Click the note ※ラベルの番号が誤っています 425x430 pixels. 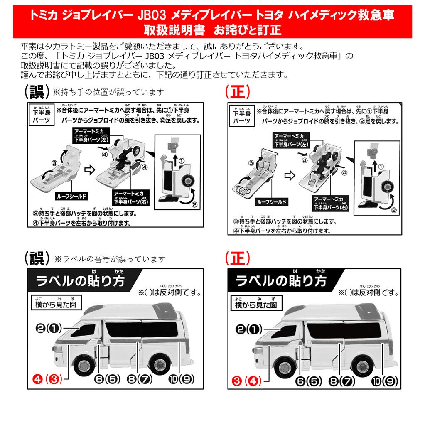110,259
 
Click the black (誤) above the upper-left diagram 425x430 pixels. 37,91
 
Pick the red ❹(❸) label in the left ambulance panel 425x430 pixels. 47,378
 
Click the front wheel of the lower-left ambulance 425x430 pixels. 84,365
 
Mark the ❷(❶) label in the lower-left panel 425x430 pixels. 48,329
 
